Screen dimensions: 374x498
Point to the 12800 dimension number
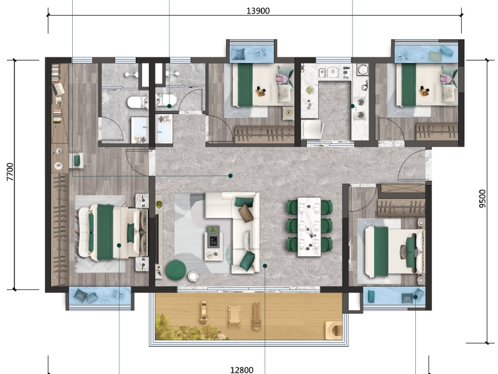pyautogui.click(x=242, y=370)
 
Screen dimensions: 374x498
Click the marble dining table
pyautogui.click(x=309, y=226)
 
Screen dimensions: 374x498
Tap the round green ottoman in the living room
pyautogui.click(x=176, y=269)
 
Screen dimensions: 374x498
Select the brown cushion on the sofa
pyautogui.click(x=247, y=213)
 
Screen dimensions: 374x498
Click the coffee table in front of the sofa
pyautogui.click(x=213, y=239)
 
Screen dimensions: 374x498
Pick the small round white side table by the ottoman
pyautogui.click(x=194, y=276)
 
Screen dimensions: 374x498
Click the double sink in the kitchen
pyautogui.click(x=334, y=72)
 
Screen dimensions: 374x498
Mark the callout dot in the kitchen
pyautogui.click(x=352, y=107)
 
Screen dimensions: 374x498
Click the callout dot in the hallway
pyautogui.click(x=231, y=176)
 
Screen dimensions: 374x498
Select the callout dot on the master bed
pyautogui.click(x=119, y=245)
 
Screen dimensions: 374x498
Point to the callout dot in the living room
pyautogui.click(x=265, y=266)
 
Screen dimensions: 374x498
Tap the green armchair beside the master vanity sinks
pyautogui.click(x=77, y=161)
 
